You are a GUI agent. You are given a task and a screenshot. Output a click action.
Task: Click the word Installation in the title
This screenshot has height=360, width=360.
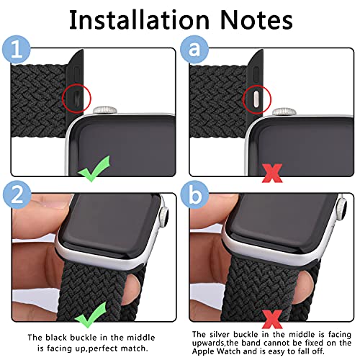pyautogui.click(x=140, y=20)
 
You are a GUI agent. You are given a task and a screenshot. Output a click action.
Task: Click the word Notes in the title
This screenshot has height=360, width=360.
pyautogui.click(x=256, y=20)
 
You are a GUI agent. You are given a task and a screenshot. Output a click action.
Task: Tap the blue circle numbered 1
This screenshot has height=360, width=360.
pyautogui.click(x=17, y=50)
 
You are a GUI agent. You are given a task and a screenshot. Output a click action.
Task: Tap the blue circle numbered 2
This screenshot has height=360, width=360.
pyautogui.click(x=17, y=195)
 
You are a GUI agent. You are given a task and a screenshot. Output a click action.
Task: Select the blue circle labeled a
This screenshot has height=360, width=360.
pyautogui.click(x=194, y=50)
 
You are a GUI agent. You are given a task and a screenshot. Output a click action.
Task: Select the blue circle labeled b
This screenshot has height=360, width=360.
pyautogui.click(x=194, y=195)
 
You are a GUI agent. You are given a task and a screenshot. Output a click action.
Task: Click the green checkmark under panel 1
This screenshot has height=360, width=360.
pyautogui.click(x=94, y=168)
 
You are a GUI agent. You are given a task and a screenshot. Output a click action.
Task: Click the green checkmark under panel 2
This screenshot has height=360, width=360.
pyautogui.click(x=91, y=315)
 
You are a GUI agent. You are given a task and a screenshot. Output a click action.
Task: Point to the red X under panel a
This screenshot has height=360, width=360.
pyautogui.click(x=272, y=173)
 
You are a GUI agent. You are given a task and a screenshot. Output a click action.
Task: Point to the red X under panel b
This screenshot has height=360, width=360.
pyautogui.click(x=272, y=319)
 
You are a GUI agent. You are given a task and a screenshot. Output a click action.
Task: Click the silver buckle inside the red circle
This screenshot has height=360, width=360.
pyautogui.click(x=256, y=98)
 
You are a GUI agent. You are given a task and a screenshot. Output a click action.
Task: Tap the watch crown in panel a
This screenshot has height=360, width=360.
pyautogui.click(x=284, y=112)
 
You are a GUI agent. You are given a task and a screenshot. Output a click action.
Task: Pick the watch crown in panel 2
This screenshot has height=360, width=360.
pyautogui.click(x=163, y=217)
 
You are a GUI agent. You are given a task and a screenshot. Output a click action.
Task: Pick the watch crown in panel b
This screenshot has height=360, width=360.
pyautogui.click(x=342, y=209)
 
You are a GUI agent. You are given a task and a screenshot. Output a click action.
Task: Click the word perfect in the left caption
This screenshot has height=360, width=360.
pyautogui.click(x=105, y=348)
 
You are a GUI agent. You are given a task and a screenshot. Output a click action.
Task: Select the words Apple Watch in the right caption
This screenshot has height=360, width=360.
pyautogui.click(x=216, y=351)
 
